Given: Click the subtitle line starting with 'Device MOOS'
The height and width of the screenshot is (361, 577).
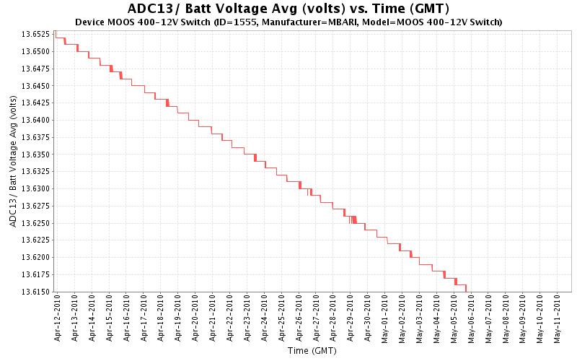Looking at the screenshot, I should coord(288,22).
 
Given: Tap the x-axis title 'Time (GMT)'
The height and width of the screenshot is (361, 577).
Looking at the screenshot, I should coord(308,352).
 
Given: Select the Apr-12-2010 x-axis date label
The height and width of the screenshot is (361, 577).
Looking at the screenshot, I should coord(57,316).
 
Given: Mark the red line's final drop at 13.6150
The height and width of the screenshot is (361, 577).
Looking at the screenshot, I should coord(466,289).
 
